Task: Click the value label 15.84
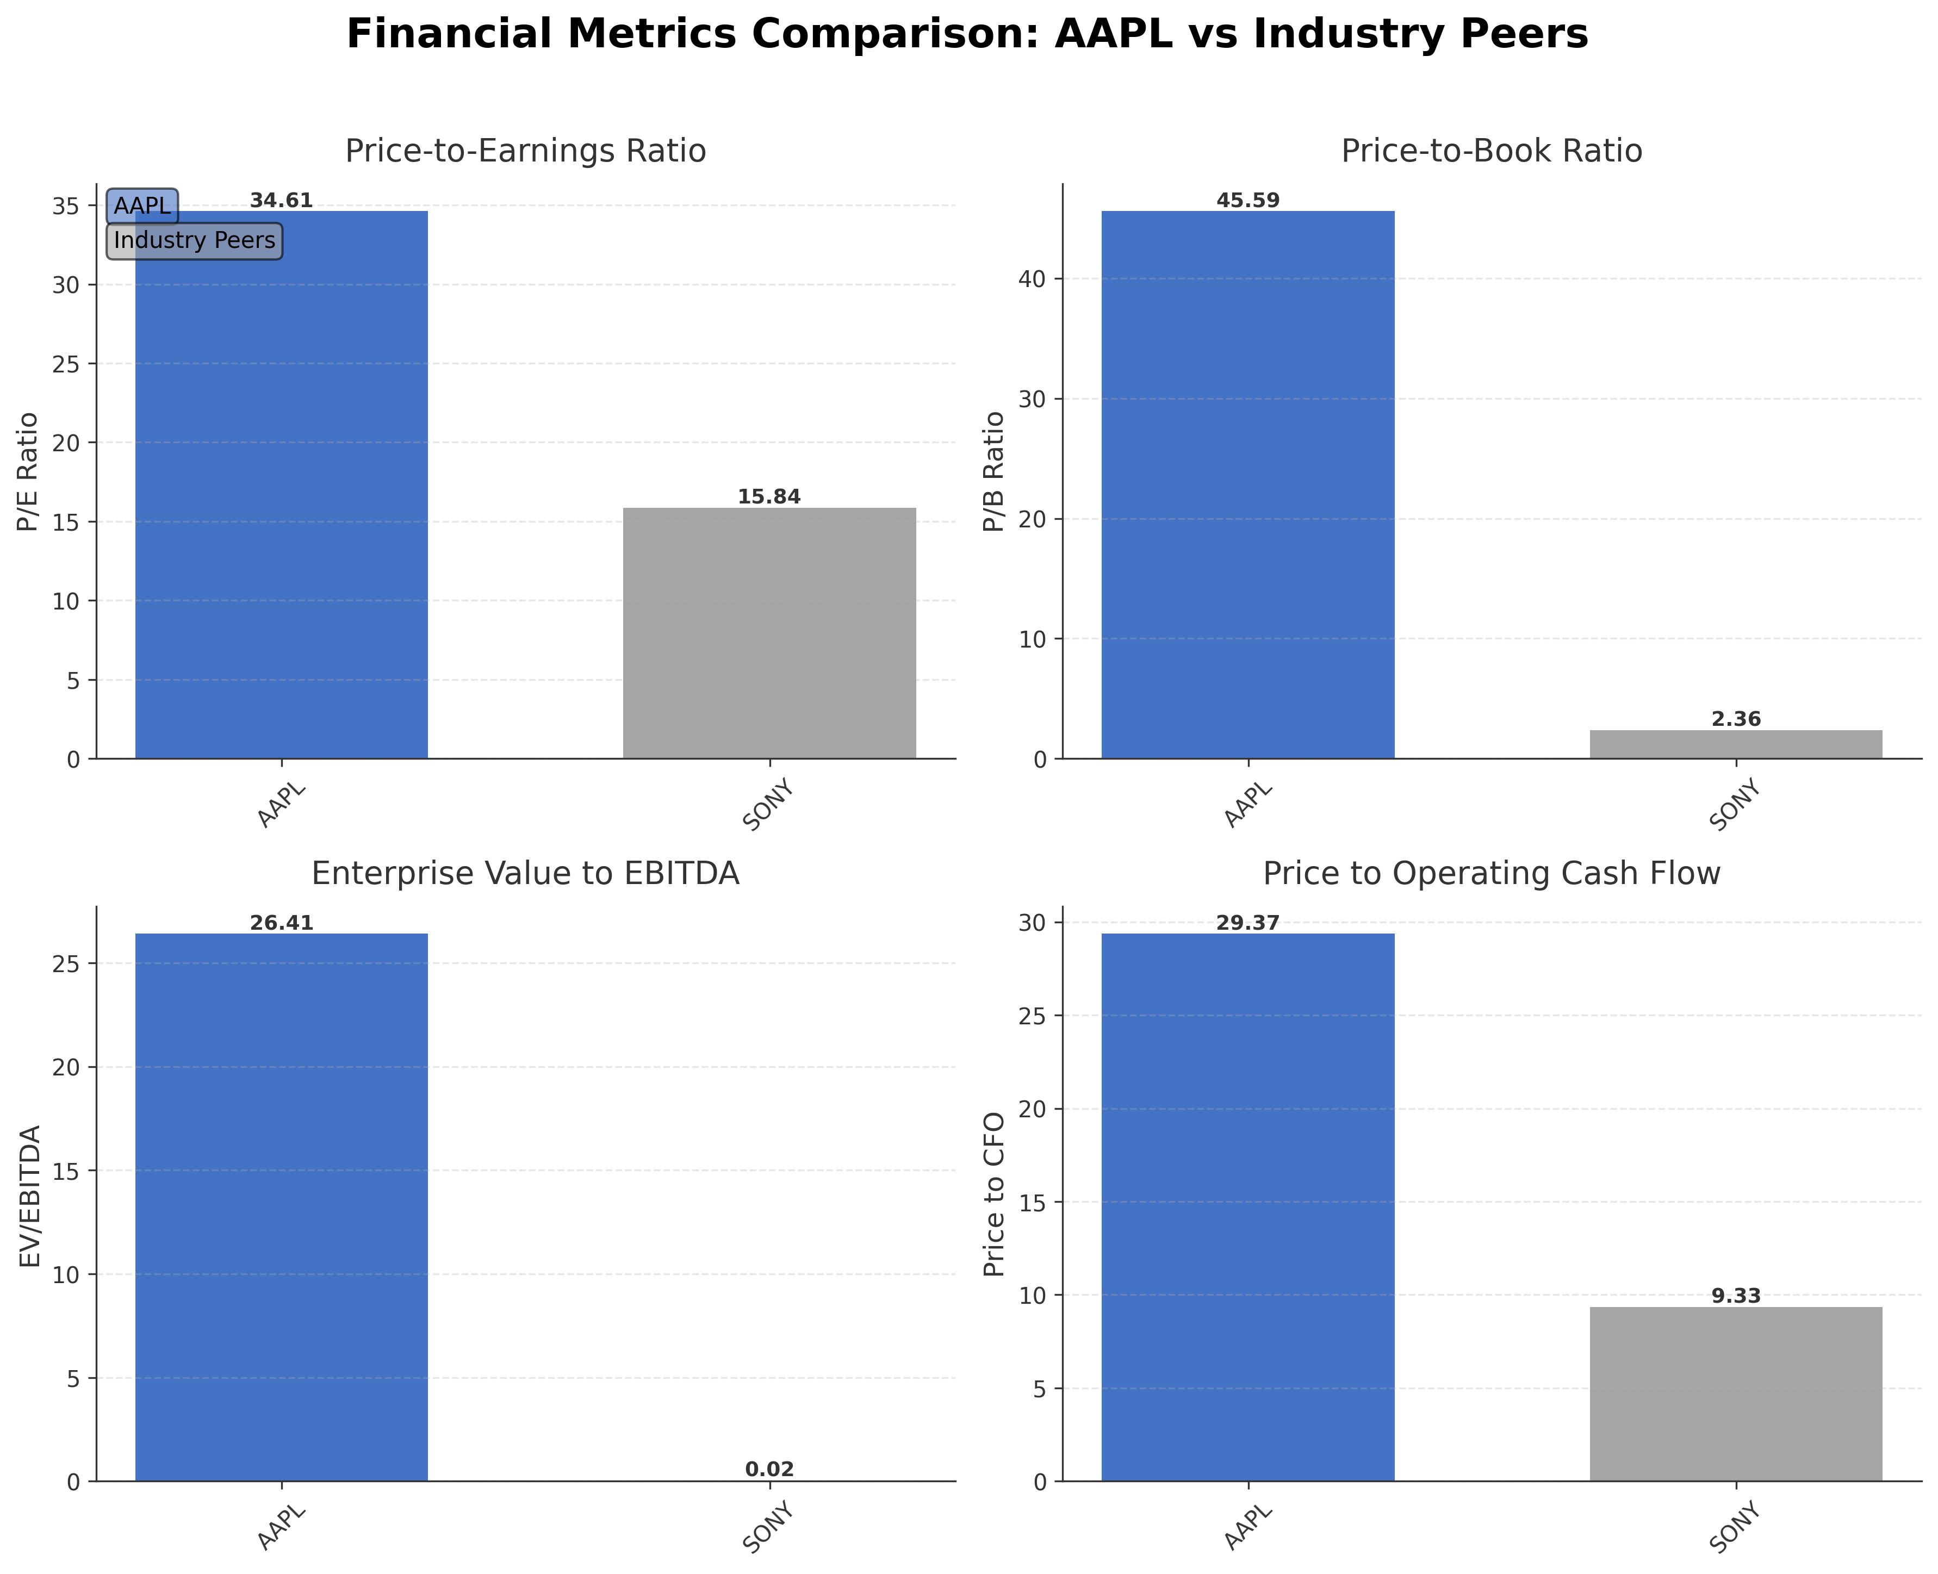tap(769, 497)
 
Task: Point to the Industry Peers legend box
tap(194, 241)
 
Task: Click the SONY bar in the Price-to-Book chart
tap(1735, 744)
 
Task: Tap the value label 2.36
tap(1735, 719)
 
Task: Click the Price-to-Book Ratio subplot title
tap(1491, 151)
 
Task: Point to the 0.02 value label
tap(769, 1470)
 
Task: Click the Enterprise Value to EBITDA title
tap(525, 873)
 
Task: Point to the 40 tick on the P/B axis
tap(1036, 279)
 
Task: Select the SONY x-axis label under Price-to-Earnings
tap(769, 805)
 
